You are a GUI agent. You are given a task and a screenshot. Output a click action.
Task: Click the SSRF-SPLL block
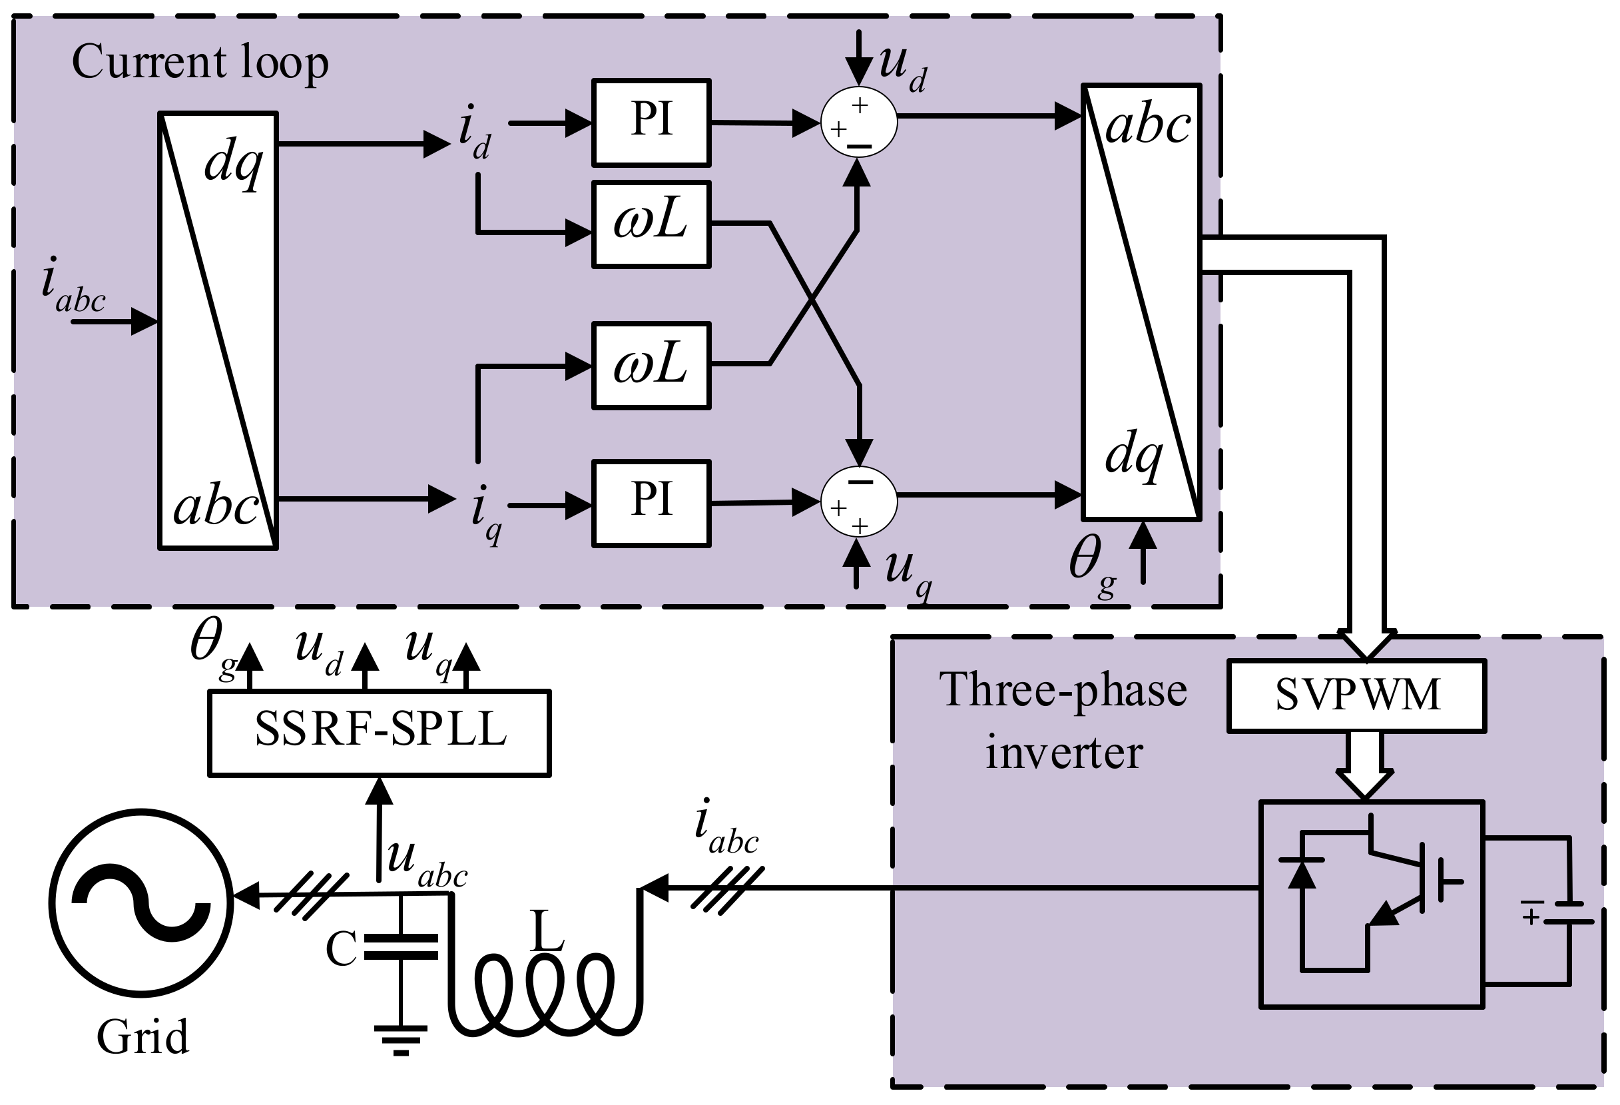[380, 732]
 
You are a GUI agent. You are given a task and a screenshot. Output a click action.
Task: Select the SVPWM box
[1356, 695]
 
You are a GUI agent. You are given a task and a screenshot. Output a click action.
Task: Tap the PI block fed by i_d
[651, 123]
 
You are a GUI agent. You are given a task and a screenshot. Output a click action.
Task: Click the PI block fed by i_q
[651, 503]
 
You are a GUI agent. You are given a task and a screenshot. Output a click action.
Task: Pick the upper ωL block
[651, 224]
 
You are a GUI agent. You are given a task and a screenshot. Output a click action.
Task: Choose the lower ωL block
[651, 364]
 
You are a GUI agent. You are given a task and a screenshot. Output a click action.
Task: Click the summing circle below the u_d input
[858, 123]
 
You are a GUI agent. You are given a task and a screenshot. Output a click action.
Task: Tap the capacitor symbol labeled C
[400, 946]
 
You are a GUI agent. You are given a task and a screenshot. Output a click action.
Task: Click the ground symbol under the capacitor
[400, 1038]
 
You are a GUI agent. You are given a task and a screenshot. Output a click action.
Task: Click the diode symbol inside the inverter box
[1301, 871]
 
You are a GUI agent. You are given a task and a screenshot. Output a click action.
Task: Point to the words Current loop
[200, 63]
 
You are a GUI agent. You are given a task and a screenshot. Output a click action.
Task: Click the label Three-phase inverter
[1063, 721]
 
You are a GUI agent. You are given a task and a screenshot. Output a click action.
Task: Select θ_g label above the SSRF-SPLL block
[212, 645]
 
